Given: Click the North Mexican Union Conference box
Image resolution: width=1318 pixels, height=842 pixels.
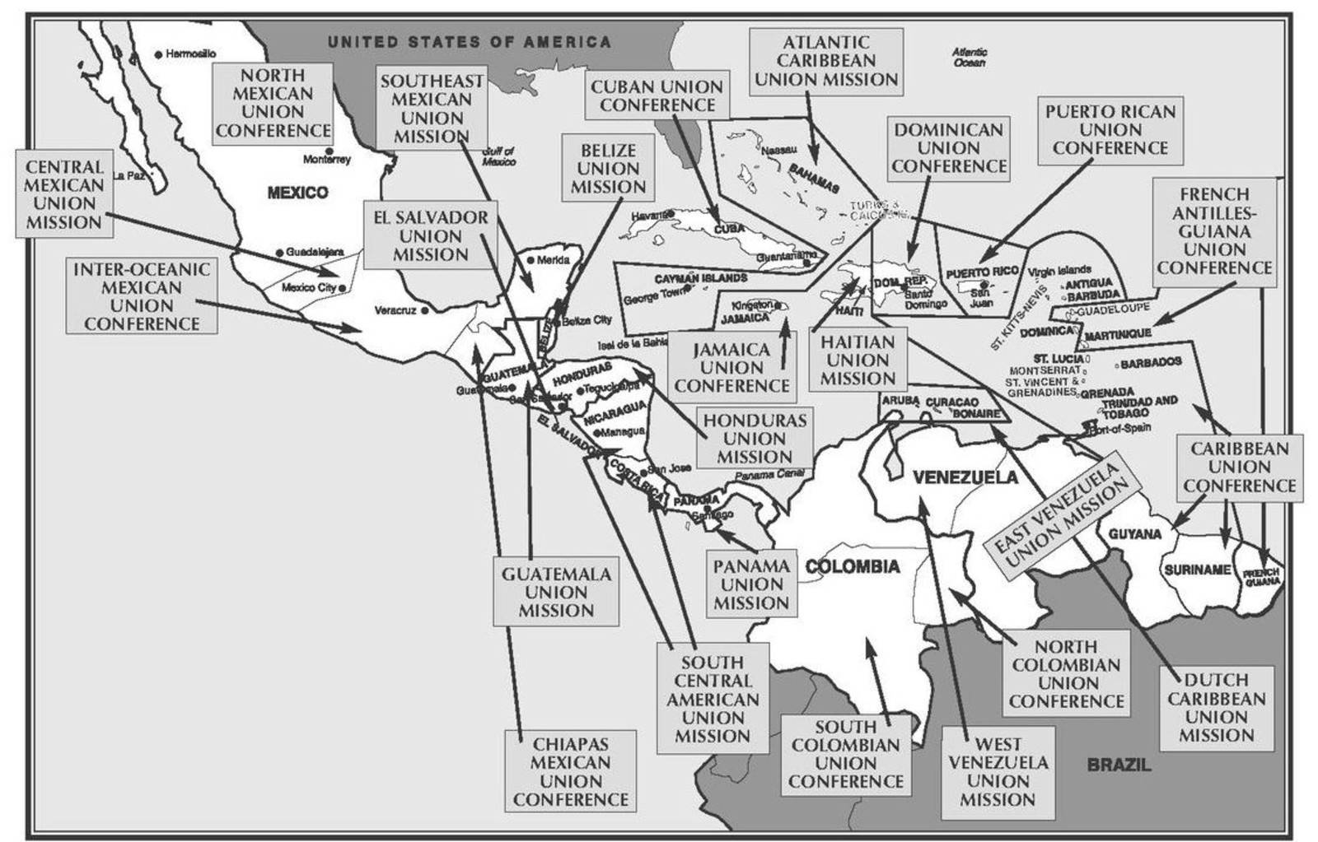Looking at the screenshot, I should point(273,103).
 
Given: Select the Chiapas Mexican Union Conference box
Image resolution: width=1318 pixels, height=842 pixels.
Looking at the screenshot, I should point(571,770).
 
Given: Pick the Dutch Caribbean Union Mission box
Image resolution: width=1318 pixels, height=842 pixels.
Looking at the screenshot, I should point(1216,708).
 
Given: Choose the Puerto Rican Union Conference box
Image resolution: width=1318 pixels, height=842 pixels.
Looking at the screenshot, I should point(1110,130).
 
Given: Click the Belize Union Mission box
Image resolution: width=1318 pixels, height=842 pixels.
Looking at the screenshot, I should point(608,169).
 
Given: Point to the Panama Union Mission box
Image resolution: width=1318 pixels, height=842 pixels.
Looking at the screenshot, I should point(751,584).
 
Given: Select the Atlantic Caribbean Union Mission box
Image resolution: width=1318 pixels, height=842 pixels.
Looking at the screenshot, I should point(826,62).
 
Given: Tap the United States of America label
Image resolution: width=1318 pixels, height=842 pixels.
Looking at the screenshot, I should point(469,42).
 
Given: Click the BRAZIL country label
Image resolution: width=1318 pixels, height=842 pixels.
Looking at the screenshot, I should point(1119,765).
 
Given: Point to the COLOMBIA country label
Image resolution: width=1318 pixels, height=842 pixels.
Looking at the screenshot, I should point(853,566).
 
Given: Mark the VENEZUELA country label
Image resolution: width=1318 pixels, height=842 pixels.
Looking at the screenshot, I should point(965,477).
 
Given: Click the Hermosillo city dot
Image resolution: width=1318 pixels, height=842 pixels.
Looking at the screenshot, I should point(159,54).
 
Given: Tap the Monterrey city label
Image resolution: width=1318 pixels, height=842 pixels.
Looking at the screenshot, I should point(327,160).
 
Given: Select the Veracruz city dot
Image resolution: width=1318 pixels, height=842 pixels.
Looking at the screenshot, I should point(423,311).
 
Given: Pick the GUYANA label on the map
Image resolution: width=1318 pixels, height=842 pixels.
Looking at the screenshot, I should point(1134,534).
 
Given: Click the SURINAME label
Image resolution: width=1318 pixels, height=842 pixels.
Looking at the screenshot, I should point(1197,570).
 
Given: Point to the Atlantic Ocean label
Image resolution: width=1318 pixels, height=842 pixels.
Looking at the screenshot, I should point(970,57).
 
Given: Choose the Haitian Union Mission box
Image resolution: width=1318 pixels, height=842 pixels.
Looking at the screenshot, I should point(857,360).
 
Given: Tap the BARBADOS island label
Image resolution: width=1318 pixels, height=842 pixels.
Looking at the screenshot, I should point(1151,362).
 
